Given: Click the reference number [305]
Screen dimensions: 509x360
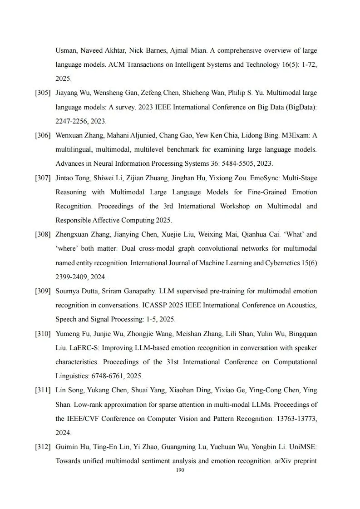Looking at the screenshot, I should coord(43,93).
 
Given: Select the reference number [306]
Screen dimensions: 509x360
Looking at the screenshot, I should coord(43,135).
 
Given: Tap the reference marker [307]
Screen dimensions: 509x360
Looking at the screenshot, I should coord(43,178).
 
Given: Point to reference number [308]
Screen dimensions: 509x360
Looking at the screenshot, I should coord(43,235).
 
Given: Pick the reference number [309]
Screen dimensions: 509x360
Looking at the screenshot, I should coord(43,291).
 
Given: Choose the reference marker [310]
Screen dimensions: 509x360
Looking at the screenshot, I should coord(43,334).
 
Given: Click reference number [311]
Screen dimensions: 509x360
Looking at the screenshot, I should coord(43,390).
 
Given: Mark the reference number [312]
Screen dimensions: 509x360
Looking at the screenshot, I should coord(43,447).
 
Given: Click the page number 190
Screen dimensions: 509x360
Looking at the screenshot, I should coord(180,470).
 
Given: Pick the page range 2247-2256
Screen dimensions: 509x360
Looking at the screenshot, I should coord(72,121).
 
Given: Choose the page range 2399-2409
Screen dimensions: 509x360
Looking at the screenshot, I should coord(72,277).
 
